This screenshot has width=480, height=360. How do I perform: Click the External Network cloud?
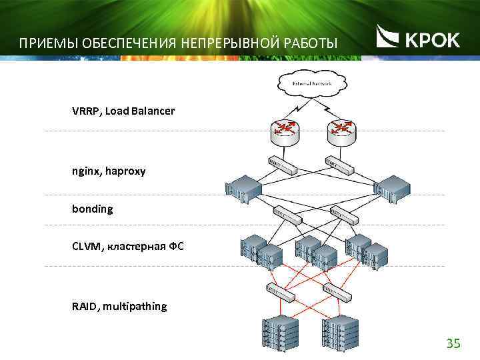coord(311,83)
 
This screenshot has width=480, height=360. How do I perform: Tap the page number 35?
coord(453,343)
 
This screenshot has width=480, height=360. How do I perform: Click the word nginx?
coord(85,172)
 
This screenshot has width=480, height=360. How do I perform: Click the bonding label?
coord(93,209)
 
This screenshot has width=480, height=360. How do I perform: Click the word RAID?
coord(85,307)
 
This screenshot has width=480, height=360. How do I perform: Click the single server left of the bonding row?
coord(243,191)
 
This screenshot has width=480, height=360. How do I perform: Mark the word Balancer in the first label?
coord(153,111)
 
